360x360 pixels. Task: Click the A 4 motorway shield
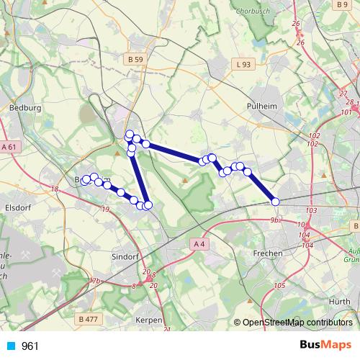pyautogui.click(x=199, y=245)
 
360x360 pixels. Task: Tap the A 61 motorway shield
pyautogui.click(x=9, y=146)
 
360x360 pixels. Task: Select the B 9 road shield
pyautogui.click(x=341, y=4)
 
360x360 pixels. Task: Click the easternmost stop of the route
pyautogui.click(x=275, y=202)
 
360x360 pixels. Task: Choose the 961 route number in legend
pyautogui.click(x=30, y=346)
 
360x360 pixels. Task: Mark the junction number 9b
pyautogui.click(x=274, y=220)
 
